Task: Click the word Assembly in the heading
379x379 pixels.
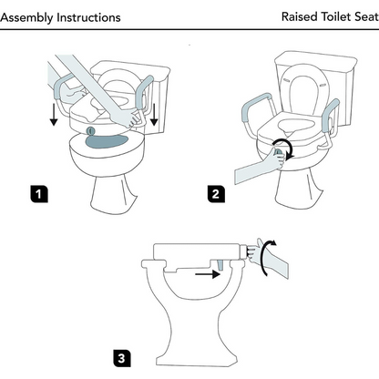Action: click(x=26, y=18)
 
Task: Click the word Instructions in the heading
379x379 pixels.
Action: click(x=88, y=17)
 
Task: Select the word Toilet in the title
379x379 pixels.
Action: click(x=336, y=16)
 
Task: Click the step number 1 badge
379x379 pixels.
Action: click(x=39, y=194)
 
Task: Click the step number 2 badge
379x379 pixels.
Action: click(x=216, y=194)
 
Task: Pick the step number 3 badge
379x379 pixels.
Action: click(x=122, y=358)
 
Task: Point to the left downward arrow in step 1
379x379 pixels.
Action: click(x=54, y=115)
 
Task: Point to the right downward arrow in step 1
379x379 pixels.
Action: click(x=154, y=115)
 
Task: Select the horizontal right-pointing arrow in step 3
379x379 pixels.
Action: click(x=208, y=274)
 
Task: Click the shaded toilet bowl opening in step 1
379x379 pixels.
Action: click(x=108, y=141)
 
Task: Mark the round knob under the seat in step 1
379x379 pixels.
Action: click(x=90, y=131)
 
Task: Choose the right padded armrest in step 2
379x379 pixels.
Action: click(x=331, y=116)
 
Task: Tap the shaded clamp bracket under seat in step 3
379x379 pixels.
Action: click(x=220, y=264)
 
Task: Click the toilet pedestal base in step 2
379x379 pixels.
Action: click(x=299, y=189)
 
